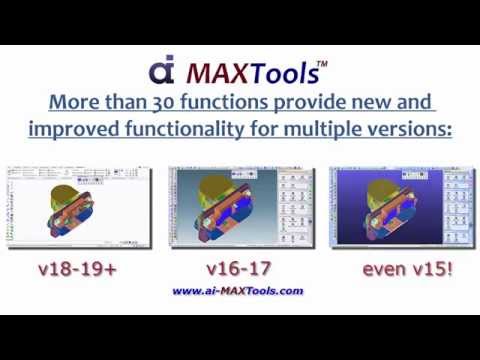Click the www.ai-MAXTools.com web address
(238, 291)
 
